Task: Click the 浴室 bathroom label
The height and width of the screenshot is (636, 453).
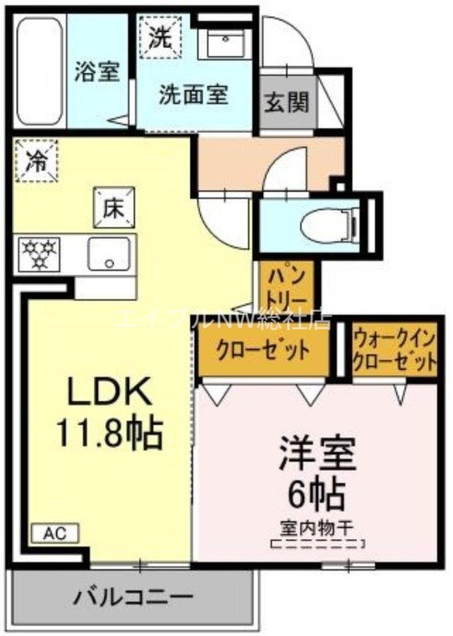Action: coord(98,72)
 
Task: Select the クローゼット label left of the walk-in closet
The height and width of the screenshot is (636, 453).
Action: coord(261,350)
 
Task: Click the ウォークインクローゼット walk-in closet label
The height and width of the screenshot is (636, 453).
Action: coord(394,350)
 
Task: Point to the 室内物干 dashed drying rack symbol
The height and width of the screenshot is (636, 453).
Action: coord(317,545)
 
